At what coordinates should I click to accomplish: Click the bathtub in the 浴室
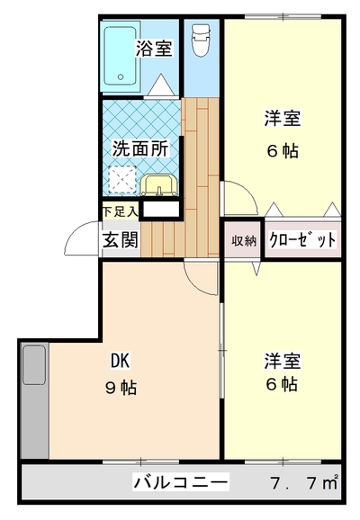pyautogui.click(x=120, y=56)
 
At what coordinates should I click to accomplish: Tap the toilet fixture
pyautogui.click(x=201, y=40)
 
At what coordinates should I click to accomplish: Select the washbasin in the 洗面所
pyautogui.click(x=159, y=185)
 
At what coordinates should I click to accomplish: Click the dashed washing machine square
pyautogui.click(x=122, y=180)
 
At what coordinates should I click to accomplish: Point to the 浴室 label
pyautogui.click(x=154, y=49)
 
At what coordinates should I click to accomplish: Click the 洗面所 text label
pyautogui.click(x=140, y=148)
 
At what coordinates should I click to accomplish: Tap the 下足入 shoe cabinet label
pyautogui.click(x=120, y=211)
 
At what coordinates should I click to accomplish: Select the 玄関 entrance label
pyautogui.click(x=120, y=239)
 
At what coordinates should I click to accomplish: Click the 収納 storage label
pyautogui.click(x=244, y=240)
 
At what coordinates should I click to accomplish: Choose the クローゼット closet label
pyautogui.click(x=302, y=239)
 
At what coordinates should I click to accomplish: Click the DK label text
pyautogui.click(x=120, y=361)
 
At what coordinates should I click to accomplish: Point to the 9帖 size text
pyautogui.click(x=121, y=387)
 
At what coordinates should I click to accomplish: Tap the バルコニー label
pyautogui.click(x=181, y=482)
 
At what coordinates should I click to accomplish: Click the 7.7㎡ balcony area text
pyautogui.click(x=304, y=482)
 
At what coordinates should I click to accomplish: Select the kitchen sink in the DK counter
pyautogui.click(x=34, y=365)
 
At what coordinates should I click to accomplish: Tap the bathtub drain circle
pyautogui.click(x=121, y=77)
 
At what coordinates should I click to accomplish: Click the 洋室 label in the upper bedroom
pyautogui.click(x=283, y=119)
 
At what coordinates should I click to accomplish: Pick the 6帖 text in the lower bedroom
pyautogui.click(x=282, y=384)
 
